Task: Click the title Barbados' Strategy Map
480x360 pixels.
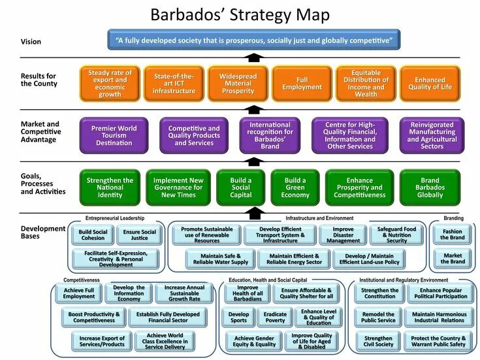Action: [x=240, y=14]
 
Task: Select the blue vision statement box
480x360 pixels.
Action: [x=254, y=41]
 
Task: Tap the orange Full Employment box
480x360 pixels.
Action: [x=302, y=84]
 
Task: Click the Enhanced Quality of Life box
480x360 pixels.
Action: [x=430, y=84]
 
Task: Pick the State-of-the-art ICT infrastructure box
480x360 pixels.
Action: [x=174, y=84]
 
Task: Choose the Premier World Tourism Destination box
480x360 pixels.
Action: [x=114, y=135]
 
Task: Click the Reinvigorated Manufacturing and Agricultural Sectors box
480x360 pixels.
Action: [x=432, y=135]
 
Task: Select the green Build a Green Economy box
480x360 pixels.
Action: [x=295, y=188]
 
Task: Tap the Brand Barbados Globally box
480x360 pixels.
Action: [x=430, y=188]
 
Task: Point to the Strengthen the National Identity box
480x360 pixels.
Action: [x=110, y=188]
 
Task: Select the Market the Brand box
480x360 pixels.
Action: [x=453, y=259]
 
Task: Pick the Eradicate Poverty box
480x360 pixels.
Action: [x=275, y=318]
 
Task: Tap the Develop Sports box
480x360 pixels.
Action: [x=239, y=318]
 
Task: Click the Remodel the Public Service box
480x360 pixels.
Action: [x=379, y=317]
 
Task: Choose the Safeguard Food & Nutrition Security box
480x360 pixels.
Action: [x=396, y=235]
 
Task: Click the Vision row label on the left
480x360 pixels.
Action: [x=31, y=42]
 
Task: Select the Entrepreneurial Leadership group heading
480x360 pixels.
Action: [x=114, y=218]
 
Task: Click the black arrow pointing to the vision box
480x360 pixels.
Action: [x=255, y=58]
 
